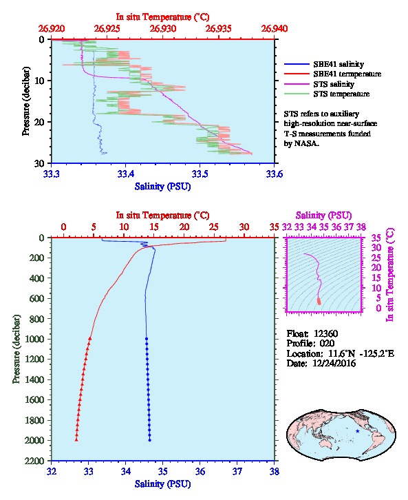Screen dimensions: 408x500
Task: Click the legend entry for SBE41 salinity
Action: coord(324,64)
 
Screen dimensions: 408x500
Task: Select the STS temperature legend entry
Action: coord(327,94)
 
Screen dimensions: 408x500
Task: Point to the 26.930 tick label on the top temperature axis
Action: coord(163,29)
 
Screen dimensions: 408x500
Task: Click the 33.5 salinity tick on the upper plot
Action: coord(200,174)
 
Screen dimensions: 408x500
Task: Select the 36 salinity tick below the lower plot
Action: coord(200,471)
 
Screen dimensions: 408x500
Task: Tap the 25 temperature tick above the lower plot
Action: coord(214,227)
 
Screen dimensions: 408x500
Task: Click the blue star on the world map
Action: coord(357,431)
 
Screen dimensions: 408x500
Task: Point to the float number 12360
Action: coord(325,333)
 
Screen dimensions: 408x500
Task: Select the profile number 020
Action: coord(327,344)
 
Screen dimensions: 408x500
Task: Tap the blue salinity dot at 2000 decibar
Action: coord(150,440)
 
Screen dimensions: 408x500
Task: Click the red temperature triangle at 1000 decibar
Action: coord(90,339)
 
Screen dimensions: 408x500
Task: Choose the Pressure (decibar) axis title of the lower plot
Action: coord(17,349)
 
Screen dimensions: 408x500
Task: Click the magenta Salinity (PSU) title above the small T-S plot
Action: coord(323,216)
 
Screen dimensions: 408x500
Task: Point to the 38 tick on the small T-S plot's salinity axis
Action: coord(361,227)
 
